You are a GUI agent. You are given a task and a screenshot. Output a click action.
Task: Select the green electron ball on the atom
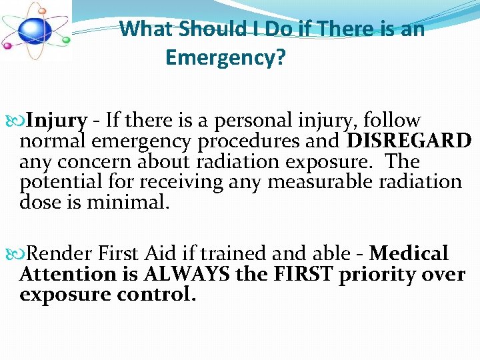(65, 40)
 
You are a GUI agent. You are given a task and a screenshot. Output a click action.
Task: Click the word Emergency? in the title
(225, 58)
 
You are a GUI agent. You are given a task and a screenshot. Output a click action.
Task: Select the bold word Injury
(57, 121)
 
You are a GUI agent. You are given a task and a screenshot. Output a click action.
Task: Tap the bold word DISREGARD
(409, 141)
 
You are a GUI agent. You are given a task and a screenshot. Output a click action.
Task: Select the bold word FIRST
(301, 274)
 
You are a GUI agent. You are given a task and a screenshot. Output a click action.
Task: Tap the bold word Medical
(409, 254)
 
